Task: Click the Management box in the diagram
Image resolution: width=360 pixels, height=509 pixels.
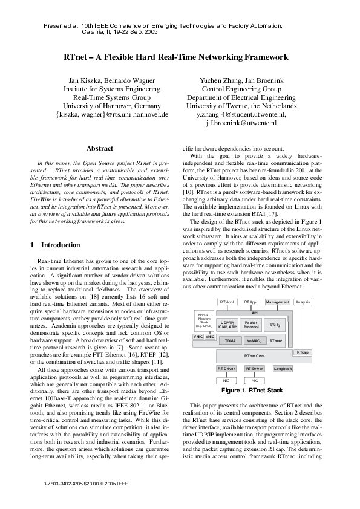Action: (278, 302)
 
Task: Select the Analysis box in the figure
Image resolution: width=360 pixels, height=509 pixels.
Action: (304, 302)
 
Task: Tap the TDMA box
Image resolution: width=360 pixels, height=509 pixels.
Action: (230, 341)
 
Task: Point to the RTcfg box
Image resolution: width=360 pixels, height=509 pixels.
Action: (275, 325)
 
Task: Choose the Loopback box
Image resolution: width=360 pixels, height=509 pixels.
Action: (283, 368)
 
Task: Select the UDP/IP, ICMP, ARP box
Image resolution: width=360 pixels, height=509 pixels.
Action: (228, 325)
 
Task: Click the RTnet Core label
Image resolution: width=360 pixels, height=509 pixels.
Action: (254, 356)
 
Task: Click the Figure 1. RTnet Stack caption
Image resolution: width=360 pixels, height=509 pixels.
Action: (252, 391)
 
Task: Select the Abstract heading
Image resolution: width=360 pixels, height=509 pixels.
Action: (100, 148)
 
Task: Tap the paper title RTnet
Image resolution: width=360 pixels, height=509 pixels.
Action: (180, 57)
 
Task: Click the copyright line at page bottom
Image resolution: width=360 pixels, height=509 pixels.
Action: (87, 484)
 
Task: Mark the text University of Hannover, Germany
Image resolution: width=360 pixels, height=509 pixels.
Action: (112, 105)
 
